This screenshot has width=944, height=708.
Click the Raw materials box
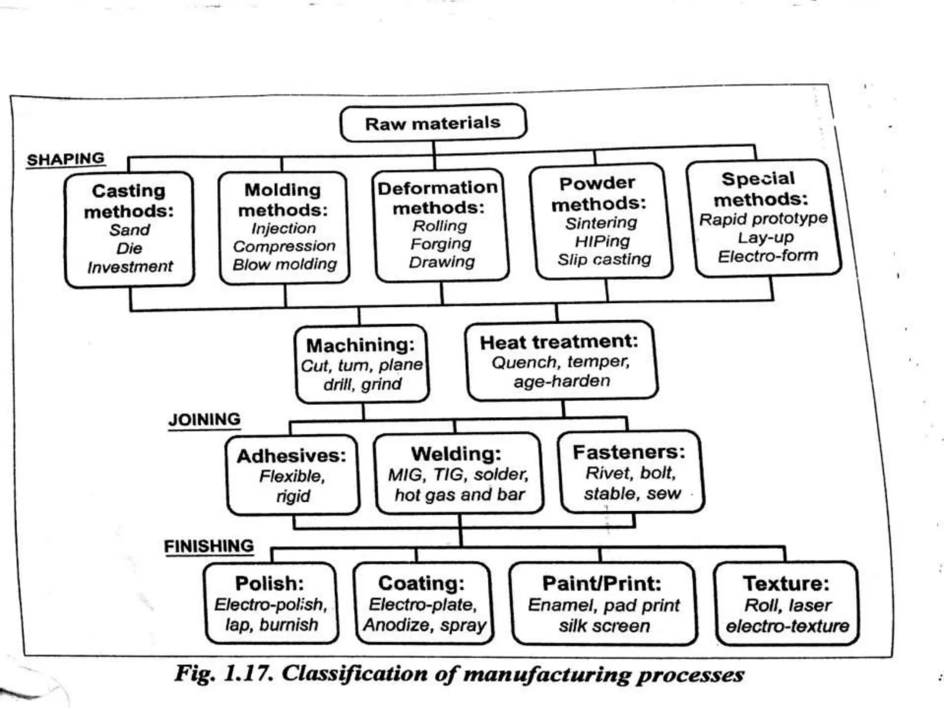pos(433,123)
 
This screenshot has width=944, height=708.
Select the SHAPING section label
pos(66,159)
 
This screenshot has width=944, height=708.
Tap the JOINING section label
pos(204,419)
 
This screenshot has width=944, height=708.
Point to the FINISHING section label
pos(209,546)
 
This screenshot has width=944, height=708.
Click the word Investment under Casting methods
pos(130,267)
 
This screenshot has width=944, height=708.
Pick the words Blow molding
pos(285,265)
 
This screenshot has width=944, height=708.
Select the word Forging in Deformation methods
pos(441,244)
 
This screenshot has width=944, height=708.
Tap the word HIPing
pos(602,242)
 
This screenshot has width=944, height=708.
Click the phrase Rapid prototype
pos(763,219)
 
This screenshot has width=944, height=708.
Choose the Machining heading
pos(360,345)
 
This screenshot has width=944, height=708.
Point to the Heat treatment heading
pos(559,342)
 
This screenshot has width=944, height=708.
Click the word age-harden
pos(562,381)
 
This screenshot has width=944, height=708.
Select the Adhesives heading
pos(291,456)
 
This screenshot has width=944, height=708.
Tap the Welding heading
pos(456,454)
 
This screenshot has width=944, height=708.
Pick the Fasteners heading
pos(629,452)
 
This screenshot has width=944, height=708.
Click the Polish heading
pos(270,584)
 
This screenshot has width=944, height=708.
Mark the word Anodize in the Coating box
pos(395,625)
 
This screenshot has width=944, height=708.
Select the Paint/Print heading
pos(602,584)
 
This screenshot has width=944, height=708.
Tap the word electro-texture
pos(787,626)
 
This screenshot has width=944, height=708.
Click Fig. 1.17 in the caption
pos(224,674)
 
